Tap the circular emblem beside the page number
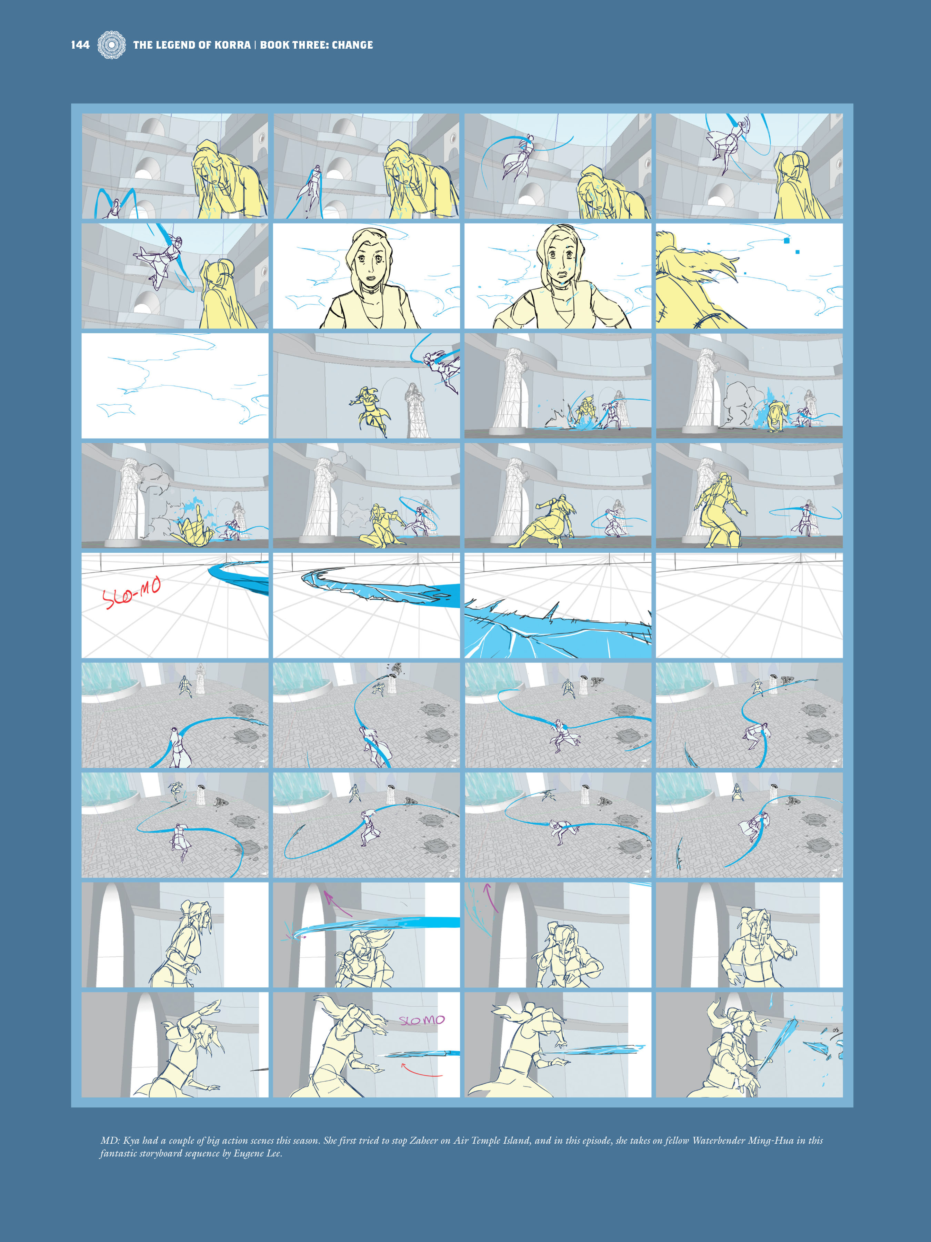tap(112, 45)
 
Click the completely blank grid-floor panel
tap(749, 605)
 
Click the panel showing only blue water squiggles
tap(174, 386)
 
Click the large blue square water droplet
tap(786, 240)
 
